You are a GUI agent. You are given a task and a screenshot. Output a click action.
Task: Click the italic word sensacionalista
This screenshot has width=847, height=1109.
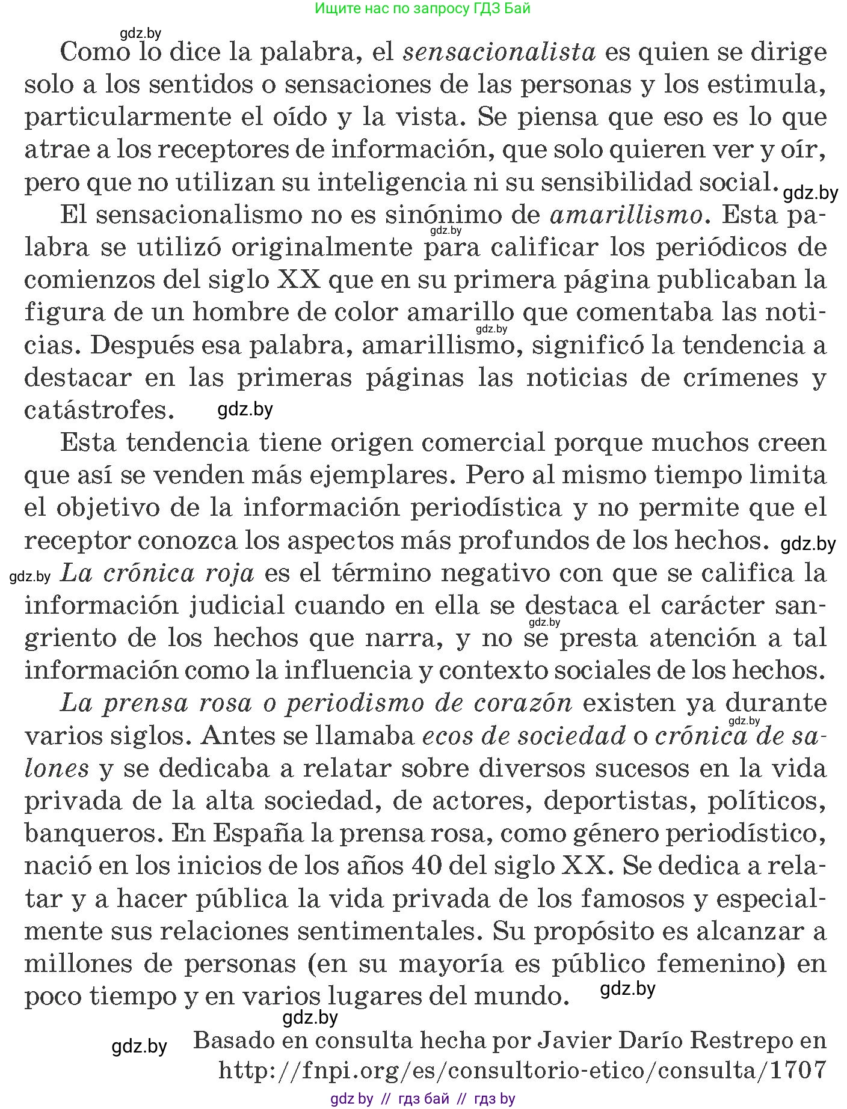point(499,52)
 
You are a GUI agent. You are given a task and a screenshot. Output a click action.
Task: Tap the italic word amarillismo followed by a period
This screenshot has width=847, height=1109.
point(626,215)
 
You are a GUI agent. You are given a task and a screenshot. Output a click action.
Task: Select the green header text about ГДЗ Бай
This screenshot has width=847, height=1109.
point(422,8)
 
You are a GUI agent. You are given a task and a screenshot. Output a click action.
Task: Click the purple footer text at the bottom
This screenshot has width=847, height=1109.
point(422,1099)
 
